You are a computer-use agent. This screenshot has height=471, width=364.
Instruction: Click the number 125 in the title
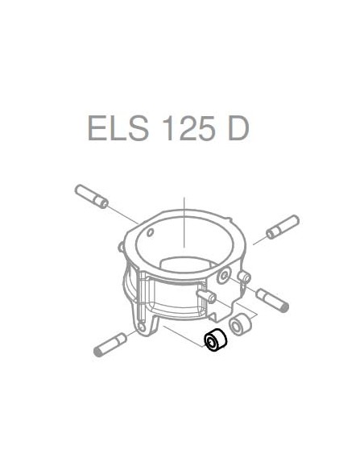click(x=182, y=127)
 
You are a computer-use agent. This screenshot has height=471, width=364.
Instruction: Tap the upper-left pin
click(x=91, y=196)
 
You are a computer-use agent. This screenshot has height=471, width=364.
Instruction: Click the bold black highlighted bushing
click(x=214, y=342)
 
